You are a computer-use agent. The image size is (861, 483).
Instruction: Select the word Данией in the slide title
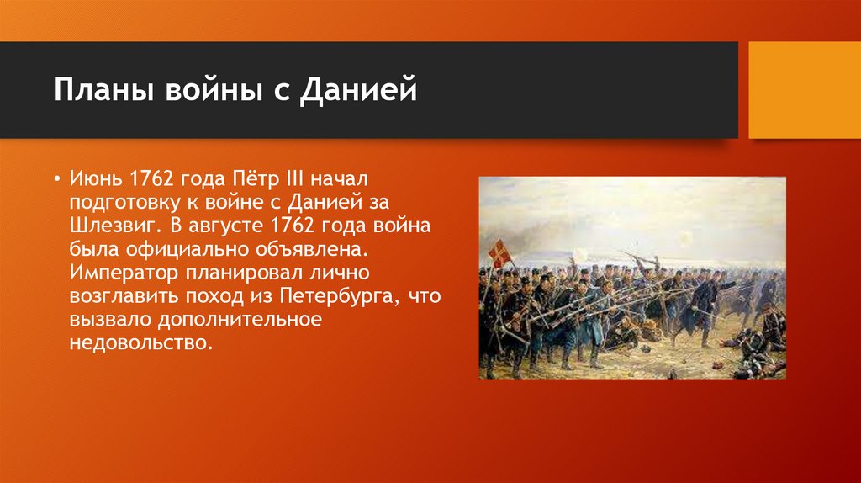click(367, 89)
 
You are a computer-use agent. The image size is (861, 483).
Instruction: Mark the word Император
click(120, 273)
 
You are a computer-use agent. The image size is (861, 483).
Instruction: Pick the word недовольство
click(137, 343)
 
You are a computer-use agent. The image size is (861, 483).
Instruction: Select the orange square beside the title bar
click(805, 90)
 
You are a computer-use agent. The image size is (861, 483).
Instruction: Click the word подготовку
click(127, 203)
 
